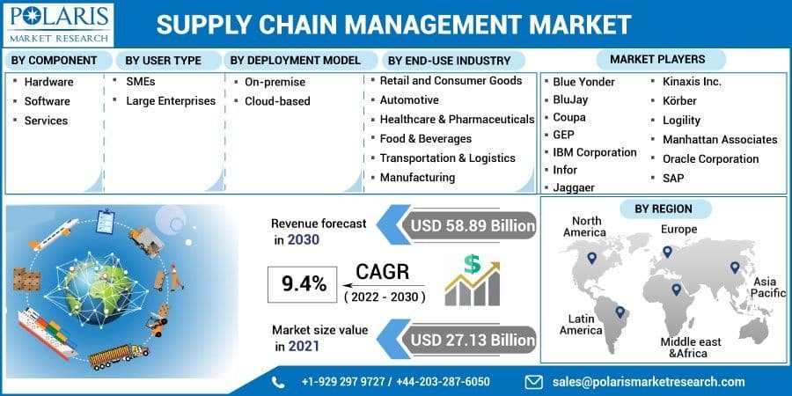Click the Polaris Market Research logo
coord(57,24)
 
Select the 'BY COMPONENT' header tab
coord(54,61)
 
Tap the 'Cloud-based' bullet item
coord(277,101)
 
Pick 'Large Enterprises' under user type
coord(171,101)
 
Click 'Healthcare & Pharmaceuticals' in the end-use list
coord(457,119)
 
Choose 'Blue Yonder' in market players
coord(583,82)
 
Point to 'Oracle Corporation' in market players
coord(710,159)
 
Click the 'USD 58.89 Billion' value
coord(472,226)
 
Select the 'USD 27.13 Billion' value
coord(472,339)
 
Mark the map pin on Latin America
coord(620,311)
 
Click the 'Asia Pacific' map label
coord(767,287)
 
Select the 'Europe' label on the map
coord(678,230)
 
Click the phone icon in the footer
coord(279,382)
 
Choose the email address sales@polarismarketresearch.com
coord(649,382)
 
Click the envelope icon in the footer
coord(534,382)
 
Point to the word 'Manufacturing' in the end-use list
coord(417,177)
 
